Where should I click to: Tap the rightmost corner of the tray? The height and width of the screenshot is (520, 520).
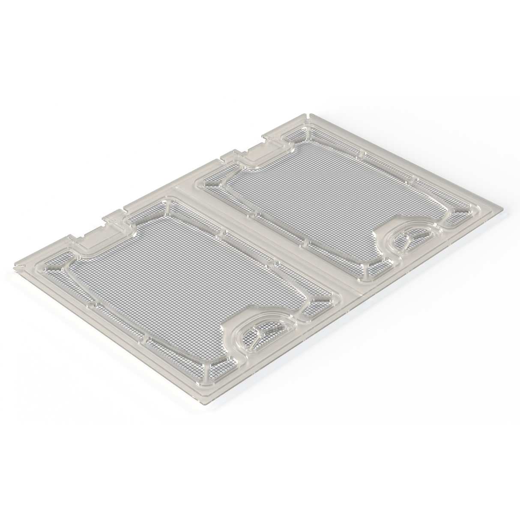coord(504,209)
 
